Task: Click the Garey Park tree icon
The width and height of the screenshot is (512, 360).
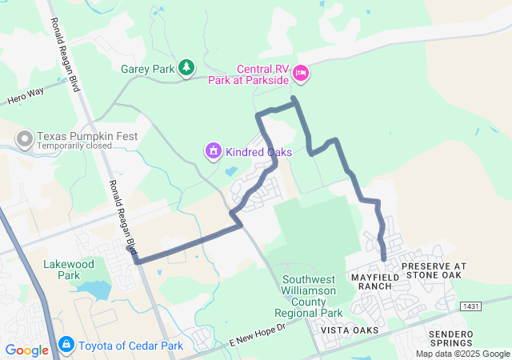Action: pos(186,68)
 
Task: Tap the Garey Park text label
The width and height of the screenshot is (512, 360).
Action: pos(147,69)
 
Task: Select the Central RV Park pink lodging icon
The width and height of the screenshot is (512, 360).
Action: pos(301,74)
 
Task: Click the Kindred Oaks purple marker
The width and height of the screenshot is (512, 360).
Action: pos(214,150)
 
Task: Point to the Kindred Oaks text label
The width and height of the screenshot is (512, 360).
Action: pos(258,151)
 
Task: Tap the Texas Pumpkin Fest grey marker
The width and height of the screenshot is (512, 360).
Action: pos(25,140)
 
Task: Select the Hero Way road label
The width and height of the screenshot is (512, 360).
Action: pos(27,98)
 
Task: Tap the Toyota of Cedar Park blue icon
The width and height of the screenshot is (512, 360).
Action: pos(66,346)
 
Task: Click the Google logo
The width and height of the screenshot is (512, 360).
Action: pos(26,350)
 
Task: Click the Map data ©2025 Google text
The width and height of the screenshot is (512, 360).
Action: pos(462,354)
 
